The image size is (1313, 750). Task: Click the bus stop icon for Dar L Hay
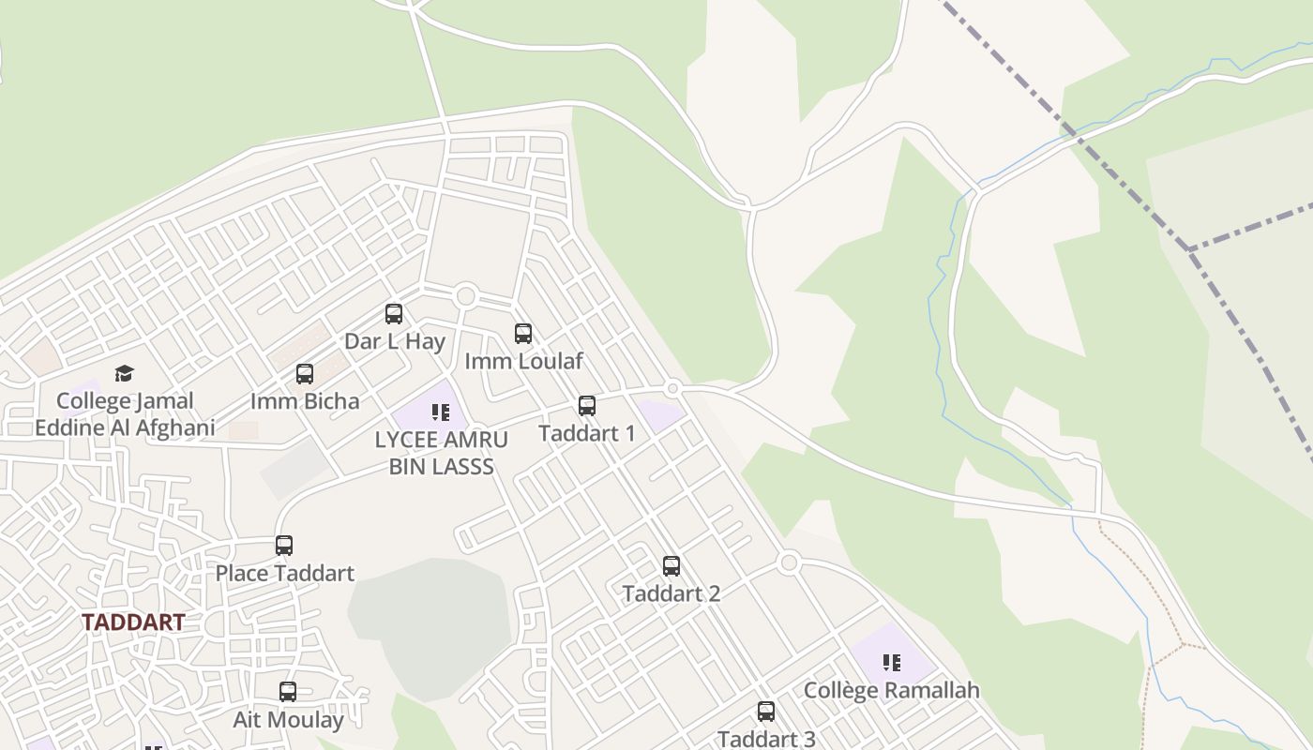click(394, 314)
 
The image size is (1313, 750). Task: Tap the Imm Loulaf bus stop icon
click(523, 333)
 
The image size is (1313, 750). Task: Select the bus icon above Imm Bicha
click(305, 374)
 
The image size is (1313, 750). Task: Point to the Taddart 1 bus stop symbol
click(587, 406)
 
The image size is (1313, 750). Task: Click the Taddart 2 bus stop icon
click(672, 566)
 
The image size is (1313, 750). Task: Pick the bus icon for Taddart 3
click(766, 712)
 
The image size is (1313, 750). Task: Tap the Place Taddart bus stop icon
click(284, 546)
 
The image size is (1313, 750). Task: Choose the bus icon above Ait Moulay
click(288, 692)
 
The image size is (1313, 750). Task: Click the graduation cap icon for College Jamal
click(125, 374)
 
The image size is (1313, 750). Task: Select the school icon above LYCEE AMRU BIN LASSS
click(441, 412)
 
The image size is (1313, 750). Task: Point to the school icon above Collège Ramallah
click(892, 663)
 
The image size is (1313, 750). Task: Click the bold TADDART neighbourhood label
click(133, 622)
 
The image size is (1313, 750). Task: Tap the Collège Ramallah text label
click(892, 691)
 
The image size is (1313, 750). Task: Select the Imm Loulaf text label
click(524, 361)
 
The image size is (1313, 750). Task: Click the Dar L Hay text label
click(394, 341)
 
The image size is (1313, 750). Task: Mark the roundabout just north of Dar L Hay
click(465, 296)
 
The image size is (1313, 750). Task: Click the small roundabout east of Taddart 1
click(672, 388)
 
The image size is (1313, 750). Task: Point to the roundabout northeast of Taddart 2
click(789, 562)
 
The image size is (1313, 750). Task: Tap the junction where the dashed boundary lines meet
click(1189, 249)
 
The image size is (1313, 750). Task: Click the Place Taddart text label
click(285, 573)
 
